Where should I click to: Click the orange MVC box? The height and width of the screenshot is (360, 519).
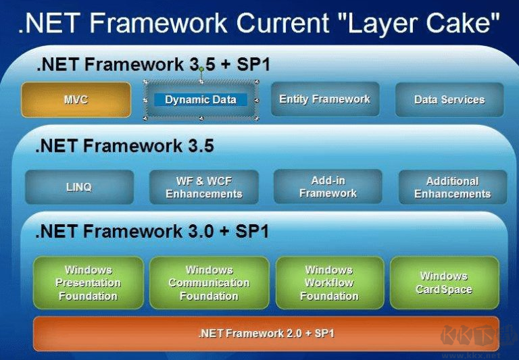point(76,100)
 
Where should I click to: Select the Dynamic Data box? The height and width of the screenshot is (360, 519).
point(201,100)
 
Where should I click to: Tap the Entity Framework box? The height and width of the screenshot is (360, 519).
point(324,99)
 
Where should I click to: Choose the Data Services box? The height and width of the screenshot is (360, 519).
point(449,100)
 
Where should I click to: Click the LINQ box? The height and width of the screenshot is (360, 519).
point(79,187)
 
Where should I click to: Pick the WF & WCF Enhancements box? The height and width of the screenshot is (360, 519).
point(203,187)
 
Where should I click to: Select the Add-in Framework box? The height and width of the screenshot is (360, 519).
point(328,186)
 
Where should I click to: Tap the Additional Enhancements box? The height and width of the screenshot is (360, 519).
point(452,187)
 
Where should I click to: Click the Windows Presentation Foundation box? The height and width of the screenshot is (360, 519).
point(88,282)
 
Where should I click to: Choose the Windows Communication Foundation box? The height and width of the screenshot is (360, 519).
point(209,282)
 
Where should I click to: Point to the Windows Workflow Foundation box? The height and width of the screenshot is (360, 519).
point(329,282)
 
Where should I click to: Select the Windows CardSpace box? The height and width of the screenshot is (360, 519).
point(444,282)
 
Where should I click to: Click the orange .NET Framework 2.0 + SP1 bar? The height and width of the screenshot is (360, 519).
point(266,333)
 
